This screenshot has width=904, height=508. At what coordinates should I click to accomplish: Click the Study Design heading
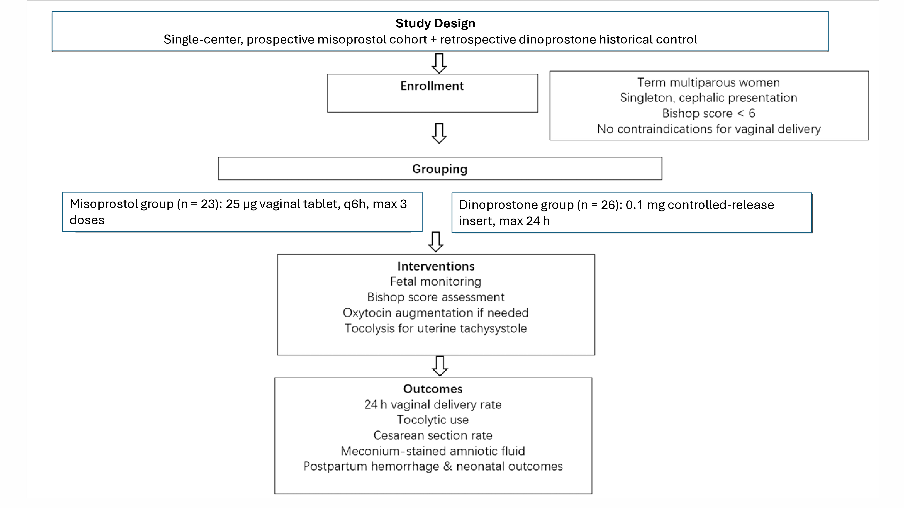pyautogui.click(x=435, y=23)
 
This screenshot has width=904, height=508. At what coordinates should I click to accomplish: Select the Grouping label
pyautogui.click(x=440, y=169)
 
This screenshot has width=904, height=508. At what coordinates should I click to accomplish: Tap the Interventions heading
pyautogui.click(x=436, y=266)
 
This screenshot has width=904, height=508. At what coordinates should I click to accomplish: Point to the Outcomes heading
pyautogui.click(x=433, y=389)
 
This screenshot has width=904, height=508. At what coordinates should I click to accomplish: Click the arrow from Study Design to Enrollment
pyautogui.click(x=439, y=63)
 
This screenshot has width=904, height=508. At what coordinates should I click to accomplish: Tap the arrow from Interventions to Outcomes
pyautogui.click(x=440, y=366)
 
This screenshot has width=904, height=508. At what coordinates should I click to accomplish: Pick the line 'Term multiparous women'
pyautogui.click(x=708, y=83)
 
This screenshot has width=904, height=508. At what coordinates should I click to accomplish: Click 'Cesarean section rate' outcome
pyautogui.click(x=433, y=435)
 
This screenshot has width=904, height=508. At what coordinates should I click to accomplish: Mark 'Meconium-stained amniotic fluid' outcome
pyautogui.click(x=433, y=451)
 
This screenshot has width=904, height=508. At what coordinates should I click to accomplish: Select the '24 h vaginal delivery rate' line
pyautogui.click(x=433, y=405)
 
